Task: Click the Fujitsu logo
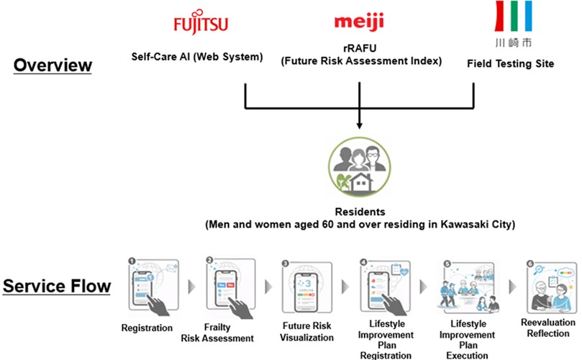pyautogui.click(x=201, y=24)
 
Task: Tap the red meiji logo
pyautogui.click(x=358, y=21)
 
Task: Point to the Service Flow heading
pyautogui.click(x=57, y=287)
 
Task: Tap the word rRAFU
pyautogui.click(x=358, y=49)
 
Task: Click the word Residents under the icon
pyautogui.click(x=358, y=213)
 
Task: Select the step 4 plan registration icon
pyautogui.click(x=387, y=287)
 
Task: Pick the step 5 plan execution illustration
pyautogui.click(x=467, y=287)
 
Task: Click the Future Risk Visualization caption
pyautogui.click(x=307, y=332)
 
